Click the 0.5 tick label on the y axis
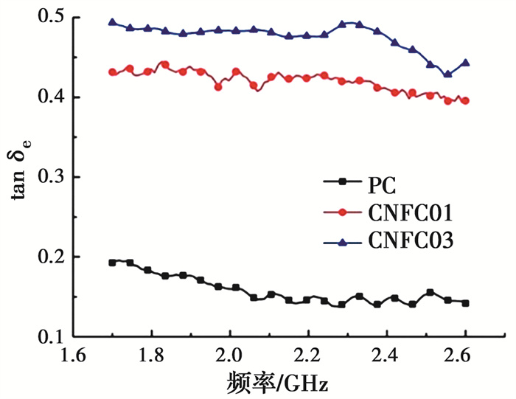46,17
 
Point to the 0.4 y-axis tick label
46,97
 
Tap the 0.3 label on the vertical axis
46,177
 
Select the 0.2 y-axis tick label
46,257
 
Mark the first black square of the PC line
112,263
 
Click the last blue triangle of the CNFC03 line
466,63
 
